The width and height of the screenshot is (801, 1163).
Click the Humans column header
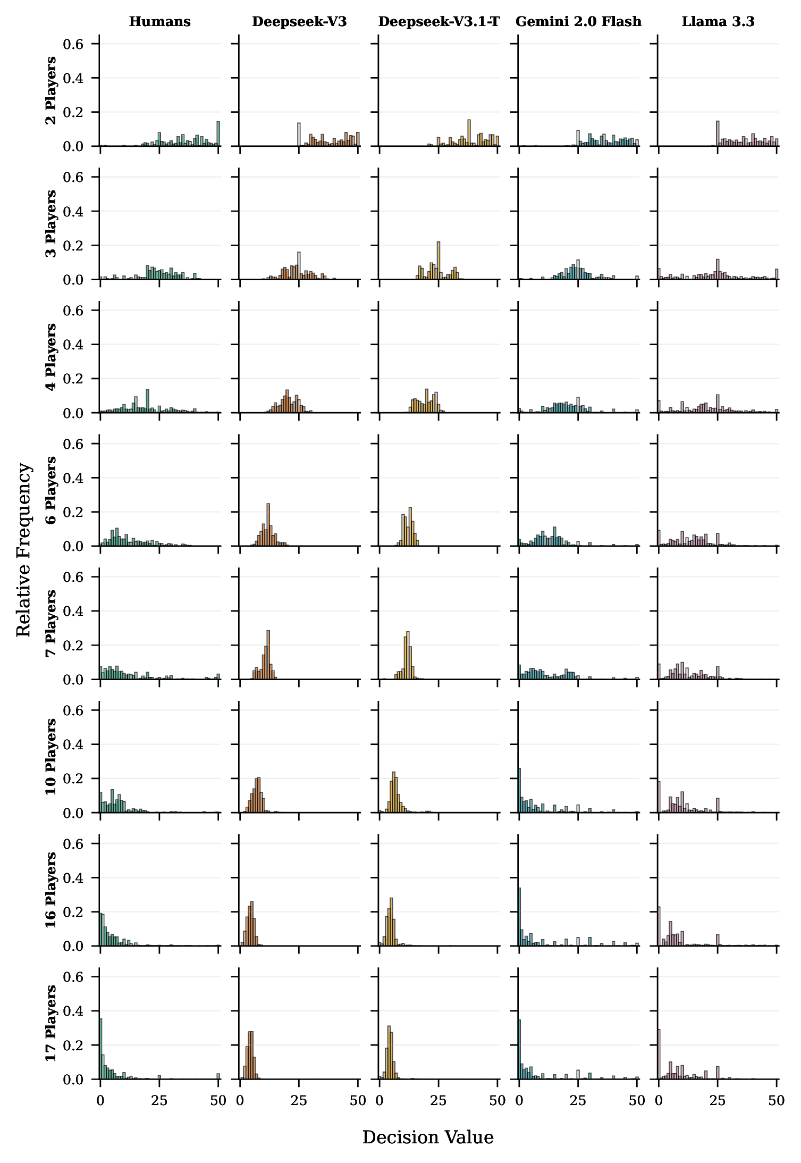[x=159, y=22]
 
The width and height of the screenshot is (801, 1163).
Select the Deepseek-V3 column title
[x=299, y=22]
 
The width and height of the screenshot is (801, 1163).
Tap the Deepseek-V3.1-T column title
[x=439, y=22]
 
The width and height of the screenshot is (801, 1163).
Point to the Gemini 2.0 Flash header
[x=578, y=22]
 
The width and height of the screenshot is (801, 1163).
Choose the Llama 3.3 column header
[x=718, y=22]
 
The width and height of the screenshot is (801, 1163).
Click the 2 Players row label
[x=51, y=90]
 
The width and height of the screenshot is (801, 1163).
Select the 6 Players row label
[x=51, y=490]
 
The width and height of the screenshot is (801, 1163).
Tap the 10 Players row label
[x=51, y=757]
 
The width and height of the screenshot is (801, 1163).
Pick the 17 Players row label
[x=51, y=1023]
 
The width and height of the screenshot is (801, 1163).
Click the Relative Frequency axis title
[x=24, y=549]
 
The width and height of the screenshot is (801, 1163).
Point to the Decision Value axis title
[x=428, y=1137]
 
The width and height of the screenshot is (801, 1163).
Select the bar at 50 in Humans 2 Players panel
[x=218, y=134]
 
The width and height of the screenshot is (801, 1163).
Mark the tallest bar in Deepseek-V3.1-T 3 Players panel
[x=439, y=261]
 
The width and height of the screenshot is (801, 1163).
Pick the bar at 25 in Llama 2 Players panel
[x=718, y=134]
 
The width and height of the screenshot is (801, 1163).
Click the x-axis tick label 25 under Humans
[x=159, y=1100]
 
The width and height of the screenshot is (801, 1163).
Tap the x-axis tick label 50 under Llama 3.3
[x=777, y=1100]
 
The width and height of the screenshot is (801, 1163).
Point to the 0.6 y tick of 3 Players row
[x=73, y=177]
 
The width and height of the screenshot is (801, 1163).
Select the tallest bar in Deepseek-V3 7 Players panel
[x=268, y=655]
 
